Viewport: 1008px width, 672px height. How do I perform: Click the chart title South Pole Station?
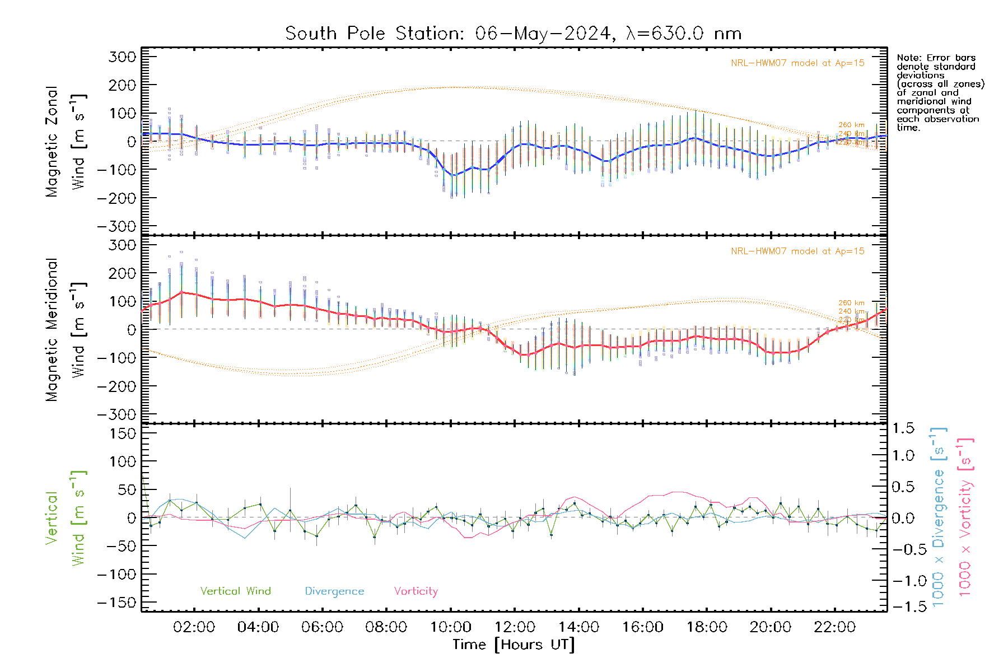[513, 34]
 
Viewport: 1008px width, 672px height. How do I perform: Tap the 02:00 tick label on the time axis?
[194, 627]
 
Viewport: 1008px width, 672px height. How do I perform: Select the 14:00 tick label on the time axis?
[578, 627]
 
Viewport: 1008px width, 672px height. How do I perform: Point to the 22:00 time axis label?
[834, 627]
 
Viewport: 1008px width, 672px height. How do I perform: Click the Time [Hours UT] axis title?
[514, 645]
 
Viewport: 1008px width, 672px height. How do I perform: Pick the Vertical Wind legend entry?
[235, 591]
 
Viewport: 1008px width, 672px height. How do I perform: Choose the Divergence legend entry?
[334, 591]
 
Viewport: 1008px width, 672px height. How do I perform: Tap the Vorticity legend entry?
[416, 591]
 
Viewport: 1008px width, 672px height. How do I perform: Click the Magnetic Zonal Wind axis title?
[66, 141]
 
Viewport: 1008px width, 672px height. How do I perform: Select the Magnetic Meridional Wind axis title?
[66, 329]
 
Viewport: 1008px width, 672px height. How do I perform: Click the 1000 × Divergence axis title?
[939, 517]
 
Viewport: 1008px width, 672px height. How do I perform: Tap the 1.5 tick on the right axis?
[903, 428]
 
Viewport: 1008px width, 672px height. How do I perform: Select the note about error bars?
[940, 92]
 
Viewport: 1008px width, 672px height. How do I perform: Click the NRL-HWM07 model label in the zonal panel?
[797, 63]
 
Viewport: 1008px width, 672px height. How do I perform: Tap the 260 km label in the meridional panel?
[851, 303]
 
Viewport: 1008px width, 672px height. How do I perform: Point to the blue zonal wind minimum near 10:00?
[453, 175]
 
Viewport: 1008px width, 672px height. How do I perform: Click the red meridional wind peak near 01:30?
[181, 292]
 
